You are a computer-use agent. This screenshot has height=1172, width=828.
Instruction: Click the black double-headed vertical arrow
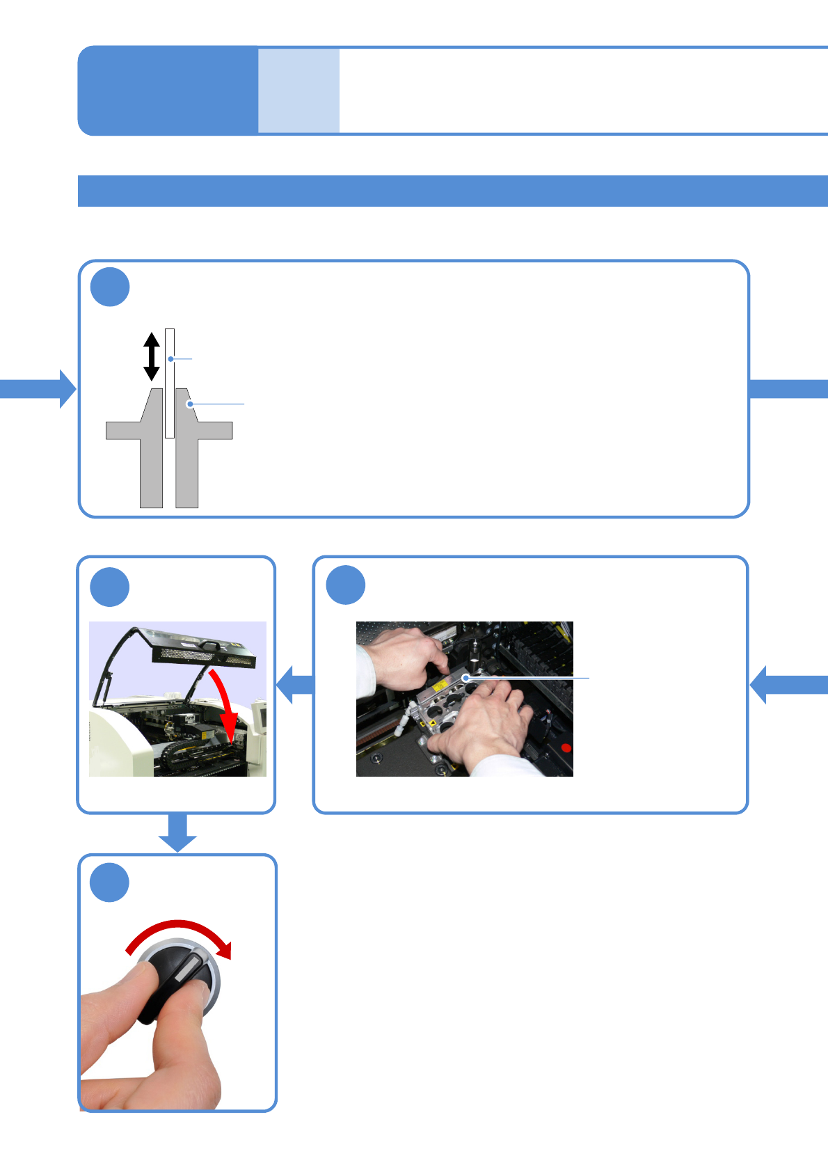click(x=152, y=356)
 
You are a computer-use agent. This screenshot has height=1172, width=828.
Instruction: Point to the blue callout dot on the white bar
click(x=170, y=359)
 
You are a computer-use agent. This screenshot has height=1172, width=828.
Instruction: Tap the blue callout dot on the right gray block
click(x=189, y=404)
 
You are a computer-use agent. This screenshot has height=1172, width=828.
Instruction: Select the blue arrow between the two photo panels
click(x=295, y=684)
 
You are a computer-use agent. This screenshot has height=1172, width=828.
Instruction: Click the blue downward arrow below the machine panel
click(x=177, y=832)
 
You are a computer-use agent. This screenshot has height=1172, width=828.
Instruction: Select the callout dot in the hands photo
click(x=465, y=677)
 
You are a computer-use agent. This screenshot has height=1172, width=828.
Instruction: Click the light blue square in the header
click(x=299, y=90)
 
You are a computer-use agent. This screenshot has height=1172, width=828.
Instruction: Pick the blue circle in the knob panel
click(x=110, y=882)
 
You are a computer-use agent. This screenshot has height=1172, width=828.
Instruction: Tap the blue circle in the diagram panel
click(x=110, y=287)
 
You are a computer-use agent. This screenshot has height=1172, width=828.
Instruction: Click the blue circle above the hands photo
click(x=346, y=585)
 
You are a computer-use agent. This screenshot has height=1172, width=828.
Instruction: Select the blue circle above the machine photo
click(x=110, y=587)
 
